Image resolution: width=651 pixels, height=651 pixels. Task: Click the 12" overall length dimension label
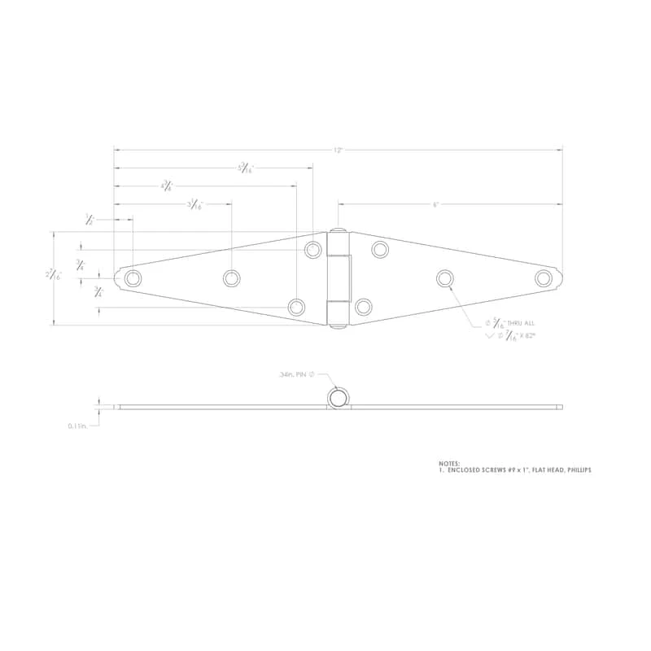[x=337, y=150]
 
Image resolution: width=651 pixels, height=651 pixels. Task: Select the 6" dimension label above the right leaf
[x=435, y=204]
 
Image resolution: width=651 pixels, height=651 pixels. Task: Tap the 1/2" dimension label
[x=90, y=219]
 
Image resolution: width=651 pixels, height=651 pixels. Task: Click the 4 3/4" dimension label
[x=166, y=186]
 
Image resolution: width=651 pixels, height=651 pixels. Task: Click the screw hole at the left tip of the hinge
[x=133, y=278]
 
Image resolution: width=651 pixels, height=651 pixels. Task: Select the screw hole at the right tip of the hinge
[x=543, y=278]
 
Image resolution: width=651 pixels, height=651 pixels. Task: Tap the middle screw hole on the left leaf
[x=231, y=278]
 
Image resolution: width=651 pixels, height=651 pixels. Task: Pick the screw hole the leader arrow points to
[x=444, y=278]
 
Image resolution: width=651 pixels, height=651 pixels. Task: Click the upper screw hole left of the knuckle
[x=313, y=250]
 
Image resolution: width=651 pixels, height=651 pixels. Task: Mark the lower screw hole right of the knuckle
[x=364, y=307]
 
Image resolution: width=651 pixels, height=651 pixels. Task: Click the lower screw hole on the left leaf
[x=296, y=307]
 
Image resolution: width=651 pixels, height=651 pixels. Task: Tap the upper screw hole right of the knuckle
[x=380, y=250]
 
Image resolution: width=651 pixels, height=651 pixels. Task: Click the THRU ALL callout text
[x=518, y=323]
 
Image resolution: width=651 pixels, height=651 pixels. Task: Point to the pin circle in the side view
[x=339, y=398]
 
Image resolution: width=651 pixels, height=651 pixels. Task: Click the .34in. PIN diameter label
[x=296, y=375]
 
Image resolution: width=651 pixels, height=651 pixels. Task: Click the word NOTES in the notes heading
[x=449, y=463]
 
